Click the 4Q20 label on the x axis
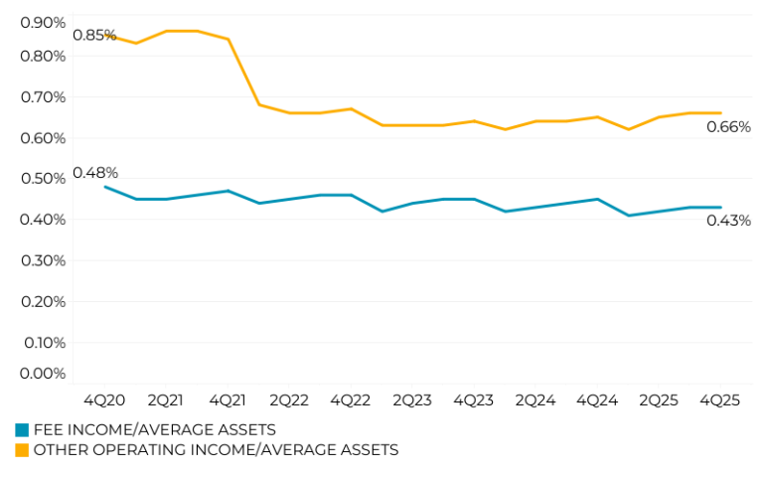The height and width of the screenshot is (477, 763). click(x=104, y=400)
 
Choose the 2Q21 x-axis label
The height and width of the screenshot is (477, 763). click(x=166, y=400)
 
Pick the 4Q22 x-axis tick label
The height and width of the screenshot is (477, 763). click(x=350, y=400)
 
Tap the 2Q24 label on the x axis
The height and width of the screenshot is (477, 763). click(x=534, y=400)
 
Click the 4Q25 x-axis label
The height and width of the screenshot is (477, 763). click(x=719, y=400)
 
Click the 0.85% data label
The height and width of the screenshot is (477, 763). click(x=94, y=36)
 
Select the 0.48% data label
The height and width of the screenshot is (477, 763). click(x=94, y=173)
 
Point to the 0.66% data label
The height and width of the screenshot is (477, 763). click(x=728, y=127)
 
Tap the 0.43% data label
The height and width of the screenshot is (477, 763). click(x=728, y=221)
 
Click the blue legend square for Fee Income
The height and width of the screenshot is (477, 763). click(x=22, y=430)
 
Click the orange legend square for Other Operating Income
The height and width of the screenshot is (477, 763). click(x=22, y=450)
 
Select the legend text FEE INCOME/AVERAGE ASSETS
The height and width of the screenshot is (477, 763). click(x=155, y=430)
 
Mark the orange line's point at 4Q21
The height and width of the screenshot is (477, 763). click(x=228, y=39)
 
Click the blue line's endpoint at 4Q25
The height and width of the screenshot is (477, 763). click(x=720, y=207)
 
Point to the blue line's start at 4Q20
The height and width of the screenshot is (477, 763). click(x=104, y=187)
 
